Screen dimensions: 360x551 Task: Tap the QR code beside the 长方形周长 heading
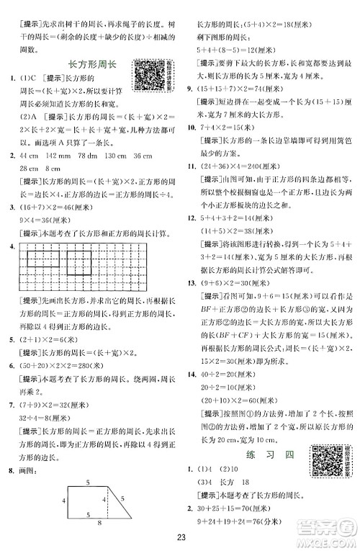click(146, 71)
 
